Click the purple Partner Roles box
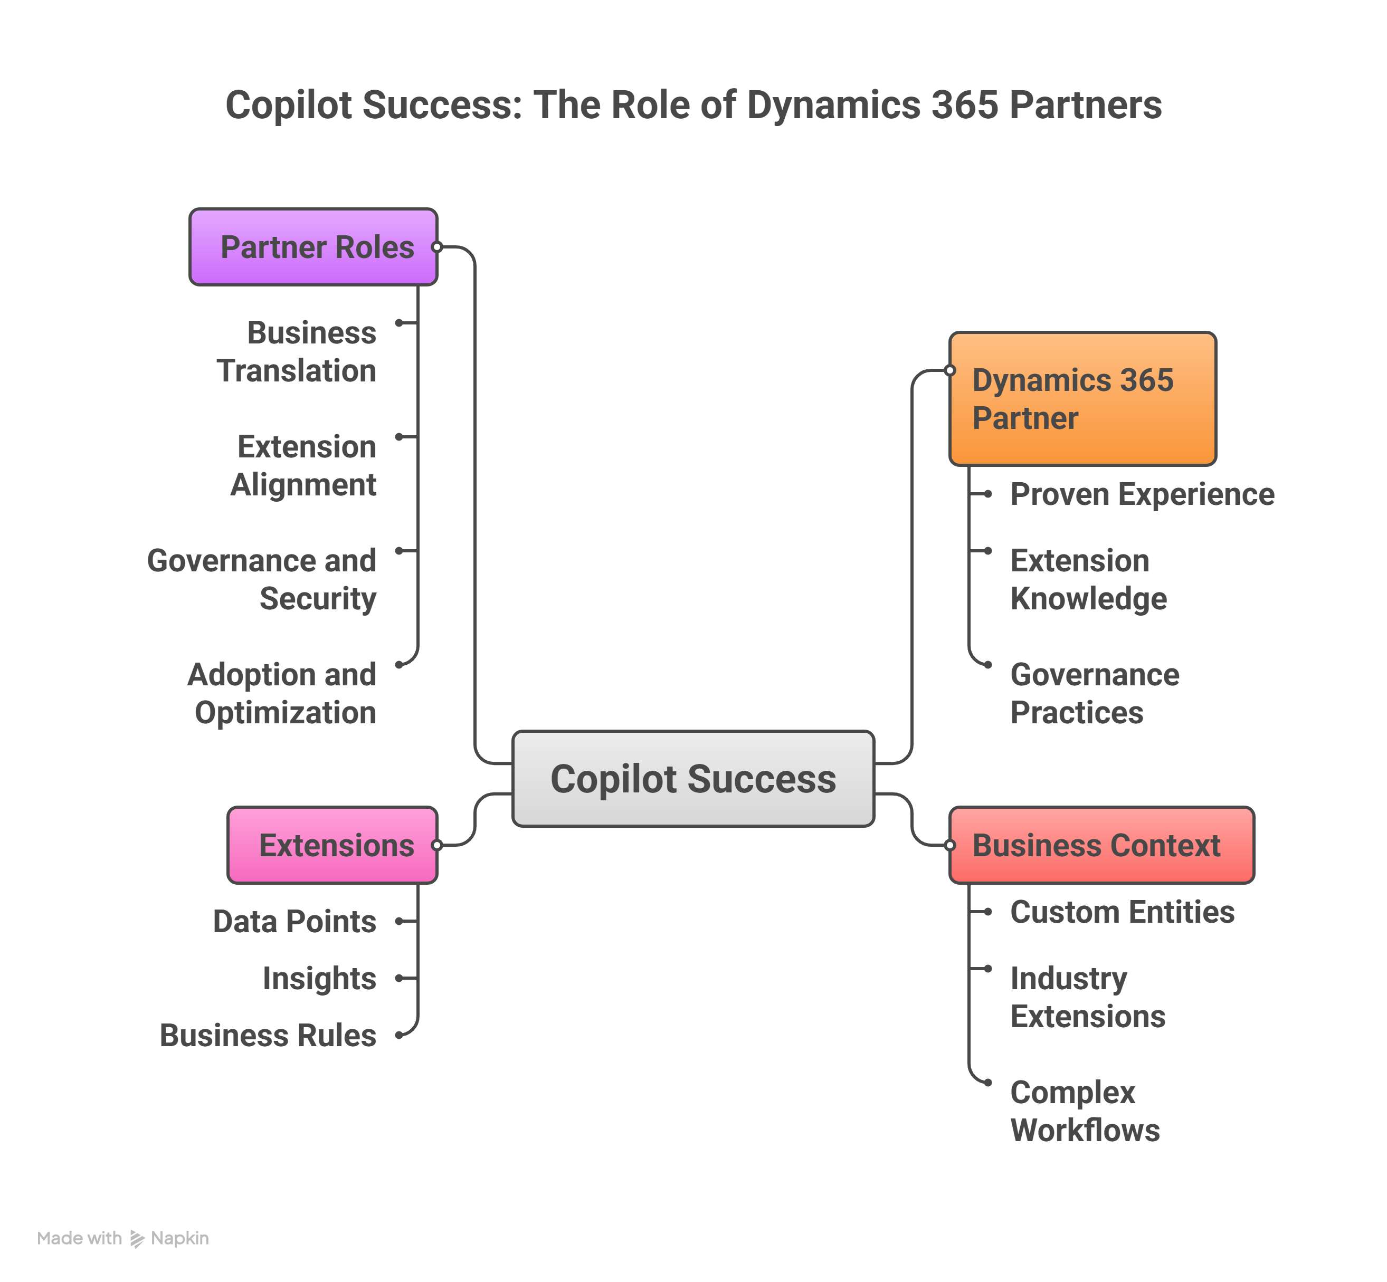pos(313,247)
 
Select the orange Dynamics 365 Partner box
pos(1082,398)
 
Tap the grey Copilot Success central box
pos(692,778)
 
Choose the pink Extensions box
pos(332,845)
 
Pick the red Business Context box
pos(1101,845)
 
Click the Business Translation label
pos(297,352)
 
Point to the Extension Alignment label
pos(304,465)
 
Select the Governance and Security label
pos(262,579)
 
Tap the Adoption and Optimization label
pos(282,693)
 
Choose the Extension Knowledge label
pos(1088,579)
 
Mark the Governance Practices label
pos(1094,693)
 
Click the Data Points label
pos(295,921)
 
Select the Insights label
pos(319,978)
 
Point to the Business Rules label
pos(268,1035)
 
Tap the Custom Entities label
pos(1122,912)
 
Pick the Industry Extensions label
pos(1087,997)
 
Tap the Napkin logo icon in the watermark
pos(137,1238)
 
